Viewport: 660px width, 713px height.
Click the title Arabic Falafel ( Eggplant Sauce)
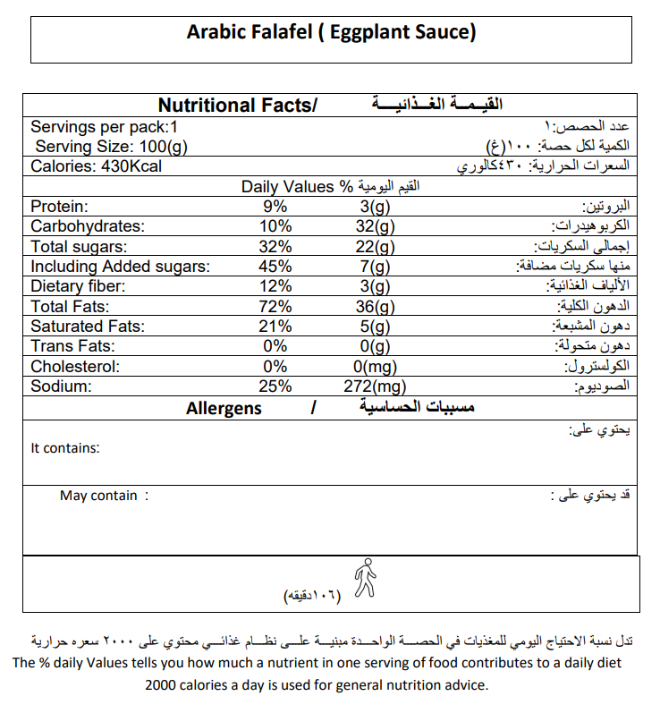pos(331,33)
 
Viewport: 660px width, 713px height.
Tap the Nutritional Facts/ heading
pos(237,106)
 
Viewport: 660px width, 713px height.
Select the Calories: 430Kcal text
pos(97,166)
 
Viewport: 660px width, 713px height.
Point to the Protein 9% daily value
pos(275,207)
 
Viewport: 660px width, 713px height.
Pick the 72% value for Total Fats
pos(275,307)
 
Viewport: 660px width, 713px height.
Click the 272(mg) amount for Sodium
pos(375,386)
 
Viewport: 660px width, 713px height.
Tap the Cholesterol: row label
pos(75,367)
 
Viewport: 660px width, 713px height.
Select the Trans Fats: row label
pos(72,346)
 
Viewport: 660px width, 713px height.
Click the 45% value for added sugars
pos(275,267)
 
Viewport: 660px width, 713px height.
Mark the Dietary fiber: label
pos(78,286)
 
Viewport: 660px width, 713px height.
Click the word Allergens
pos(224,409)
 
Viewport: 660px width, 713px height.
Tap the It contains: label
pos(65,448)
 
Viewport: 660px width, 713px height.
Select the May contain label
pos(99,496)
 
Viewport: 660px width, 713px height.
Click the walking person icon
pos(364,578)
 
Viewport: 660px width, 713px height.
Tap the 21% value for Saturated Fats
pos(275,327)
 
